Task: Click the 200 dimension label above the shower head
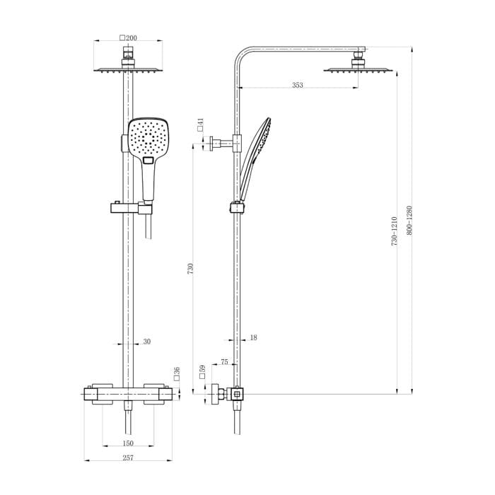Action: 129,37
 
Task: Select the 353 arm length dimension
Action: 297,85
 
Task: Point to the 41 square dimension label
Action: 201,124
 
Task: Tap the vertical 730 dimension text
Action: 190,269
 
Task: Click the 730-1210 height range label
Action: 395,231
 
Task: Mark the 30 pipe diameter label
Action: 146,342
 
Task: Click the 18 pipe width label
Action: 253,338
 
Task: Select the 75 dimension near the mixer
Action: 224,361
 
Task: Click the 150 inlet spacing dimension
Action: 127,443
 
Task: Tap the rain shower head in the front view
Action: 129,69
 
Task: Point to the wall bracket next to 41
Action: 225,144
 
